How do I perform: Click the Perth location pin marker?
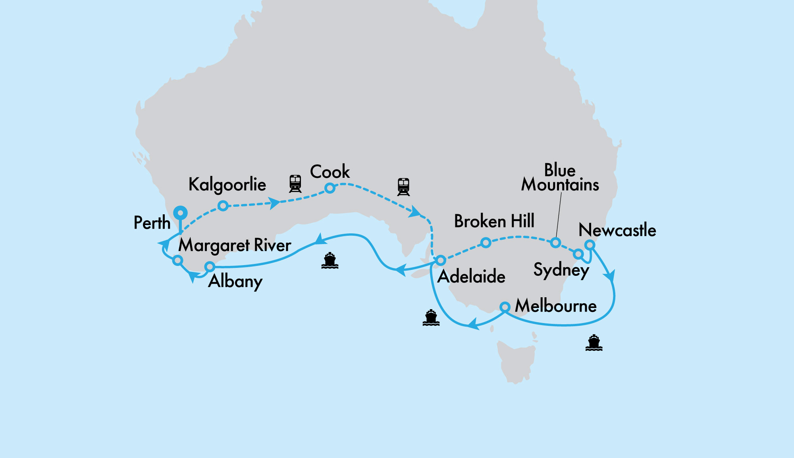pos(180,213)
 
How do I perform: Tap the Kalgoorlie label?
pos(227,185)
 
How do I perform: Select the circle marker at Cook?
pos(330,188)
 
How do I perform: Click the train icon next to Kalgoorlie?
pos(295,183)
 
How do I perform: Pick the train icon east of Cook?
pos(403,187)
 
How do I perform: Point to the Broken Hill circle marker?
pos(486,242)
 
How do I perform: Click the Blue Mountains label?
pos(560,178)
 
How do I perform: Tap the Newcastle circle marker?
pos(590,245)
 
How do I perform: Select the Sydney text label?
pos(561,270)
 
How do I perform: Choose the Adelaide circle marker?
pos(441,261)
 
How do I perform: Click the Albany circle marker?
pos(210,266)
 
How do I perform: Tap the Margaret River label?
pos(235,245)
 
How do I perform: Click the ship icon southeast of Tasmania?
pos(594,343)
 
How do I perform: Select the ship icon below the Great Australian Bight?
pos(330,261)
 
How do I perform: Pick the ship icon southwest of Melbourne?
pos(431,318)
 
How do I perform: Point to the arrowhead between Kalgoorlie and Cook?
pos(274,203)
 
